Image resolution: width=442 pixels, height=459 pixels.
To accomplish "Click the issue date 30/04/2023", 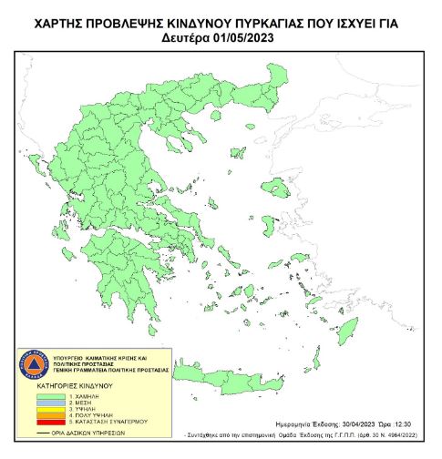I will (x=342, y=424).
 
